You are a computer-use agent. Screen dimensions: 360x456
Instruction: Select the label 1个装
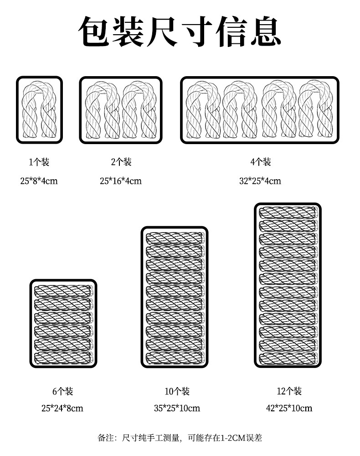click(39, 162)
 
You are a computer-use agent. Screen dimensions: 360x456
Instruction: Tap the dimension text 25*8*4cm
click(39, 181)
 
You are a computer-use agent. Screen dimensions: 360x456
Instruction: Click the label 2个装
click(121, 162)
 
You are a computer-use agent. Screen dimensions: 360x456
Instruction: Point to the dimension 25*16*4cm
click(121, 181)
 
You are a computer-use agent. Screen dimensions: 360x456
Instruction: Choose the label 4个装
click(260, 162)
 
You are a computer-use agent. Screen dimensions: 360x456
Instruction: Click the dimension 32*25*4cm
click(260, 181)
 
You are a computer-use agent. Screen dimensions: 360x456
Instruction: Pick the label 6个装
click(62, 391)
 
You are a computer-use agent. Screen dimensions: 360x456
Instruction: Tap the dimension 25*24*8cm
click(62, 408)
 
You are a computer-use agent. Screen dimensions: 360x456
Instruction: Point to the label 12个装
click(289, 391)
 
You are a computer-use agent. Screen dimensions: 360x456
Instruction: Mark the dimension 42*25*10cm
click(289, 408)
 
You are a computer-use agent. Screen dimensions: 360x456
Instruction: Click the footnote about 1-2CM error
click(180, 438)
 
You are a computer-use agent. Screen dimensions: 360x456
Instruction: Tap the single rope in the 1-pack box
click(39, 110)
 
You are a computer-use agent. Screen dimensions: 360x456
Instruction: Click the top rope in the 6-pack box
click(63, 291)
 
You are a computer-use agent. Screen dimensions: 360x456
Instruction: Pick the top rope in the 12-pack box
click(288, 212)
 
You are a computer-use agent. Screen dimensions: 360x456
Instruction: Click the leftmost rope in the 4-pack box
click(204, 110)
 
